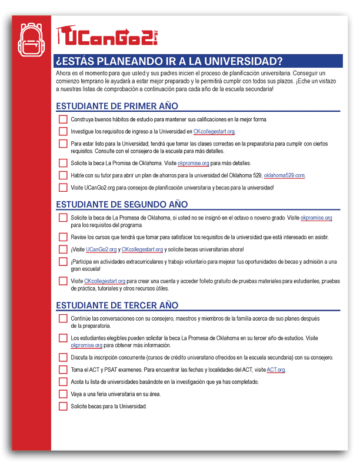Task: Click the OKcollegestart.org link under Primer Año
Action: (214, 132)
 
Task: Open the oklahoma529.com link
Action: (284, 175)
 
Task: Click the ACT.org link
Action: (276, 370)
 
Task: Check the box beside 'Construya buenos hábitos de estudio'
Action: (63, 119)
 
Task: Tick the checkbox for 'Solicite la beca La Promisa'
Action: (63, 163)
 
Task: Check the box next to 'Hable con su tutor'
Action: (63, 175)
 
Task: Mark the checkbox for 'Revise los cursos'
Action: (63, 237)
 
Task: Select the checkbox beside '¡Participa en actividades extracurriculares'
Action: (63, 262)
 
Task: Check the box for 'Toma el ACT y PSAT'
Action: (63, 370)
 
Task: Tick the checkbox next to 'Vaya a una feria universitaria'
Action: (63, 394)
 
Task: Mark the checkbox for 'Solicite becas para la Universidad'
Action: (63, 406)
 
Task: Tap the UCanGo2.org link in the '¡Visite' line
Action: (102, 249)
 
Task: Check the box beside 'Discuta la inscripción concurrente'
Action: (63, 357)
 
